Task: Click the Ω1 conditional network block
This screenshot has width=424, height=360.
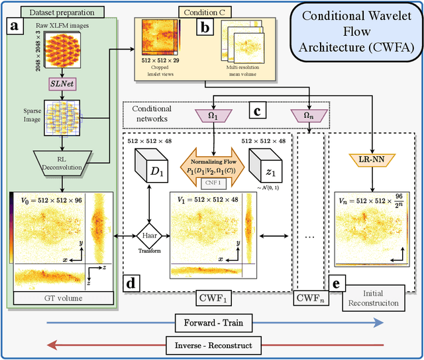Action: (214, 116)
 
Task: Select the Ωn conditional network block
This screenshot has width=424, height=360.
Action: (309, 116)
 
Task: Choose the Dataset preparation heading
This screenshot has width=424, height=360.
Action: (58, 11)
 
